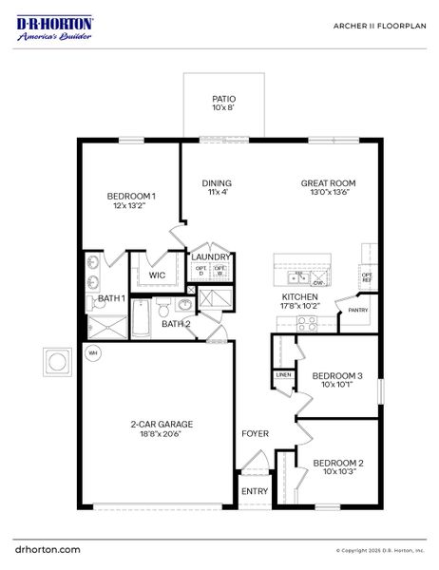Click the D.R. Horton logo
(54, 28)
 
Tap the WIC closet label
(157, 275)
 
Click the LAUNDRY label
(211, 256)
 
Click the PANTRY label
(357, 310)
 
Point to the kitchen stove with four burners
(306, 323)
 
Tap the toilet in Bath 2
(163, 309)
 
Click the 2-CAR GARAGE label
(156, 427)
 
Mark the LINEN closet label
(283, 375)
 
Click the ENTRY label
(254, 491)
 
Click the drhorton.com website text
(48, 549)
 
